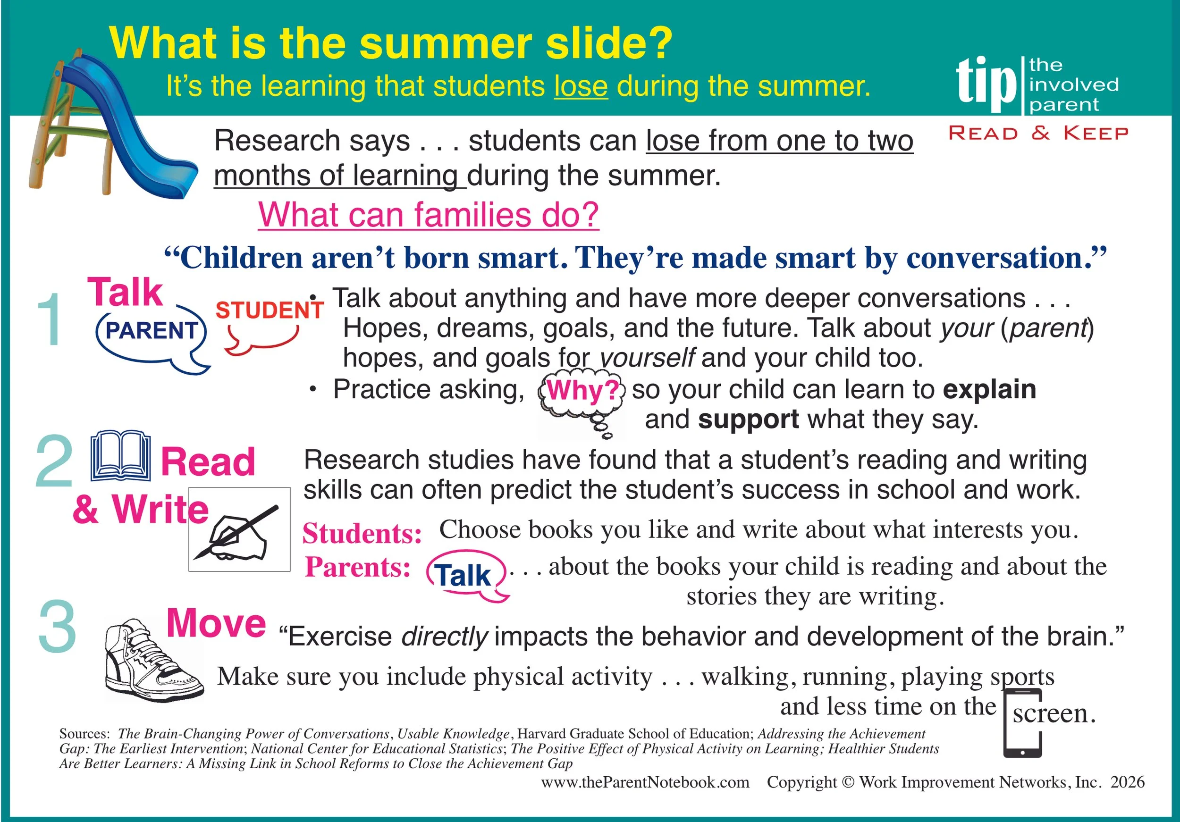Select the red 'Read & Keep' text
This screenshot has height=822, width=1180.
(1038, 133)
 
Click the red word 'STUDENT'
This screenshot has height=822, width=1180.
(269, 310)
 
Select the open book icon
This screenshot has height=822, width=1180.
(120, 456)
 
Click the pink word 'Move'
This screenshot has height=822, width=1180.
(216, 623)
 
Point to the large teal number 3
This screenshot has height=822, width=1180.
(58, 627)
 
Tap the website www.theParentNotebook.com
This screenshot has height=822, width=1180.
(645, 782)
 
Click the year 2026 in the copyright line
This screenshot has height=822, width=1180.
(1128, 782)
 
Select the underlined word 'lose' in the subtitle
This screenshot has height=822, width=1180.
(581, 86)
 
